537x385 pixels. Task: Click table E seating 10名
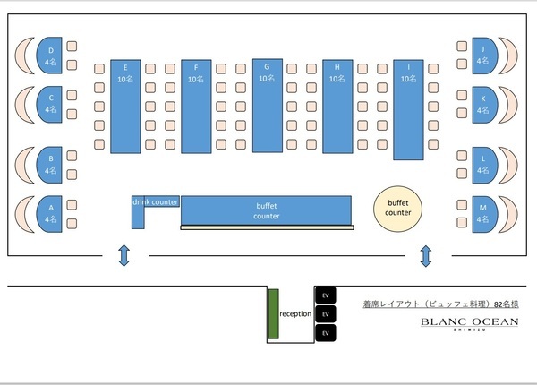(125, 106)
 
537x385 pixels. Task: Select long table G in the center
(266, 106)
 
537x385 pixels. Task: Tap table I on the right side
(408, 106)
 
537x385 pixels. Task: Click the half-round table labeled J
(484, 56)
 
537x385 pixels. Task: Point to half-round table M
(484, 213)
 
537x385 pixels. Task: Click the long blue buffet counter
(267, 210)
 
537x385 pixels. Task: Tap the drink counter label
(156, 201)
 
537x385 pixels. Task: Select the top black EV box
(326, 295)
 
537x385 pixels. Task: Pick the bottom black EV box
(326, 333)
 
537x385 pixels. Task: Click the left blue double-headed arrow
(124, 257)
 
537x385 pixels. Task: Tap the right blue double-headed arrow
(426, 257)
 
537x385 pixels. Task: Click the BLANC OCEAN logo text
(469, 322)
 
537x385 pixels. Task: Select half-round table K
(484, 104)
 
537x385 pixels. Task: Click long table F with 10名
(195, 106)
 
